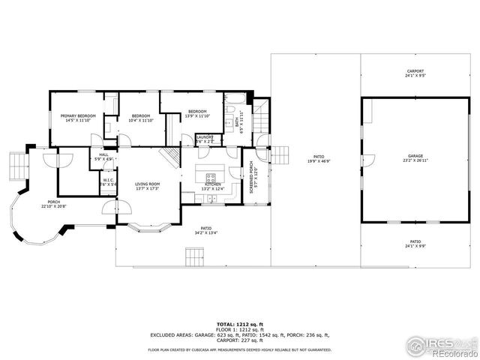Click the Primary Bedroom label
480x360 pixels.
[75, 118]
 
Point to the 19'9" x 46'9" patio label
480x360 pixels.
[318, 159]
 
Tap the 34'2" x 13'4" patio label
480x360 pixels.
[205, 230]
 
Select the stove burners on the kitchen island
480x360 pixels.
[211, 178]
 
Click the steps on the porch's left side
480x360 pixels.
[16, 163]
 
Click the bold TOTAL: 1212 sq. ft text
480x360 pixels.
[239, 323]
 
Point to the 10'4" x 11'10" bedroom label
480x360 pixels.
[141, 118]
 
